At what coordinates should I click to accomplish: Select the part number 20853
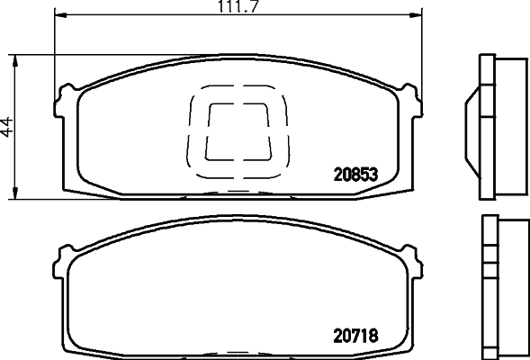(355, 175)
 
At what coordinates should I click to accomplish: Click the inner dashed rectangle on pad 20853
(238, 130)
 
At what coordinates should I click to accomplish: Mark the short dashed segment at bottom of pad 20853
(238, 192)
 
